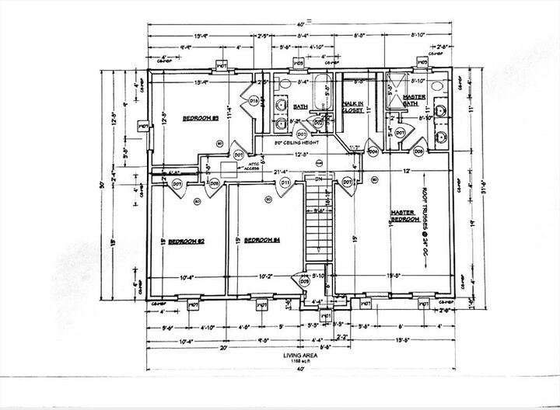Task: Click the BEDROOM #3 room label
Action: (x=198, y=118)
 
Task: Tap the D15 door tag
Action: (x=254, y=102)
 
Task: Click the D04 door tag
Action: (x=373, y=151)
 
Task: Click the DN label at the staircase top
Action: (x=317, y=179)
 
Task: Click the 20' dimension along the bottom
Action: (x=224, y=348)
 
